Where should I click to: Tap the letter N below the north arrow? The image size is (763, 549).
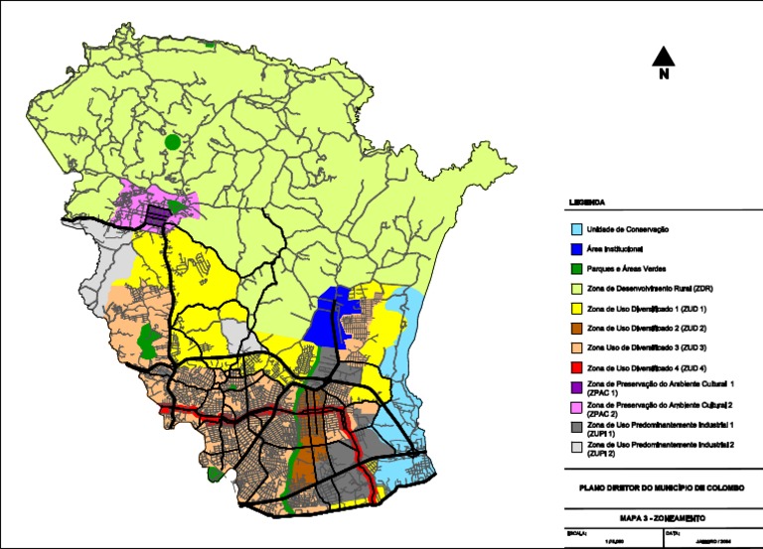(x=665, y=73)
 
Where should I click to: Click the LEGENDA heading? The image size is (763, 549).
(x=587, y=203)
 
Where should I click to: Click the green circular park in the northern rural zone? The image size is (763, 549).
(x=173, y=142)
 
